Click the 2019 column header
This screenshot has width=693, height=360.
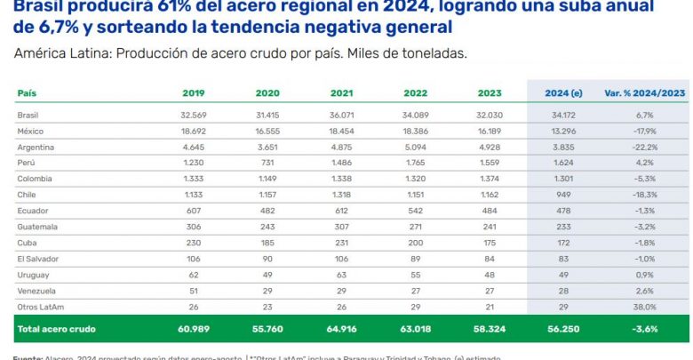[194, 93]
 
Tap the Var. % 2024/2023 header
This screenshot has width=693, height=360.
[644, 93]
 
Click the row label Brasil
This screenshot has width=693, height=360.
[28, 115]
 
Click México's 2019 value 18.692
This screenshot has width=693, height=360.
[194, 131]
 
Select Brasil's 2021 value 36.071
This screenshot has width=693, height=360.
[341, 115]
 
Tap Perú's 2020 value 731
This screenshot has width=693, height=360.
[267, 163]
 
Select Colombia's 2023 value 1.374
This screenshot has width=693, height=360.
[489, 179]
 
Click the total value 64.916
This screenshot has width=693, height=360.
[341, 329]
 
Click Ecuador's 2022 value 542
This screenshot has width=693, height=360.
[415, 211]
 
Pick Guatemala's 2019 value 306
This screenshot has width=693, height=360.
[194, 227]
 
